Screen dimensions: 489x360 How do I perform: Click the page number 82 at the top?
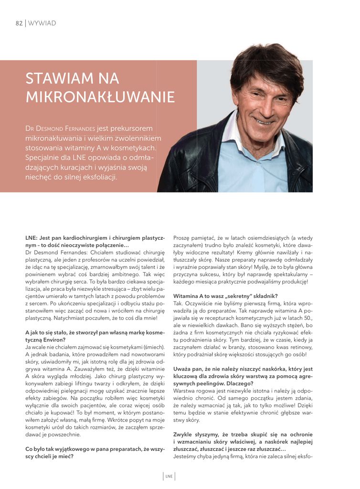[19, 23]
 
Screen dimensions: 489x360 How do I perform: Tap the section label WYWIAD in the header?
[42, 23]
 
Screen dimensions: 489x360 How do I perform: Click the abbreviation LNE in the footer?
[169, 476]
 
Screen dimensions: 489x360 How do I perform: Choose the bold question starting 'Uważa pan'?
[243, 360]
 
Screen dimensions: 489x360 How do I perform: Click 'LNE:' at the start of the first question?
[32, 237]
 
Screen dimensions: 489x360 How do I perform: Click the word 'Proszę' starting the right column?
[182, 237]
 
